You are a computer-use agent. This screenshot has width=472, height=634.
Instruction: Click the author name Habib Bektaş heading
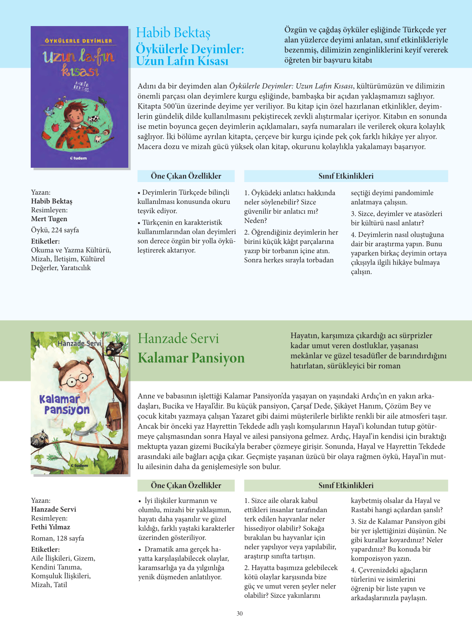point(173,33)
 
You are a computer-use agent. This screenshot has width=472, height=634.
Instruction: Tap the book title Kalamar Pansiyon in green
point(191,358)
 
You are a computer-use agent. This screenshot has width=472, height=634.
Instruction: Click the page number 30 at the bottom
point(239,613)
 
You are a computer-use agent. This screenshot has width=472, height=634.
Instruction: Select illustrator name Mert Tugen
point(49,219)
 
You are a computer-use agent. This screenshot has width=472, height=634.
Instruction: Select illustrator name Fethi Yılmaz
point(50,527)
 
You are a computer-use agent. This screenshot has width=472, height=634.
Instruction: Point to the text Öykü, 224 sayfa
point(55,230)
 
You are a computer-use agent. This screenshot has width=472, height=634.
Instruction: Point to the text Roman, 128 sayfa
point(57,538)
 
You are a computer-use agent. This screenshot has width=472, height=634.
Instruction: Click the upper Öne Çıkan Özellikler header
point(186,176)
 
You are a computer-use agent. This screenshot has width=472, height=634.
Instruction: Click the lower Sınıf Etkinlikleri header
point(346,485)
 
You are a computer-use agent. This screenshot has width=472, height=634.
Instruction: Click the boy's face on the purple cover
point(79,116)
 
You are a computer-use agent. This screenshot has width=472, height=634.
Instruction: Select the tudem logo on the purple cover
point(78,158)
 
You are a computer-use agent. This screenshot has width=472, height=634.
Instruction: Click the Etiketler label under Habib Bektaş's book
point(45,241)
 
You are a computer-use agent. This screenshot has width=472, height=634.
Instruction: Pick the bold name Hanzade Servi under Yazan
point(53,509)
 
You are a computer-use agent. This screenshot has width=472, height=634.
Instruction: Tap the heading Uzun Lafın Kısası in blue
point(182,61)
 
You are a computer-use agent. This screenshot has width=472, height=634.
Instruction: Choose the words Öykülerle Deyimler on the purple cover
point(78,41)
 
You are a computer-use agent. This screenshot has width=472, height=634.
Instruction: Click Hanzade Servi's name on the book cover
point(80,343)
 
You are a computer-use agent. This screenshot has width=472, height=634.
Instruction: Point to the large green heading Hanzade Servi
point(178,338)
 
